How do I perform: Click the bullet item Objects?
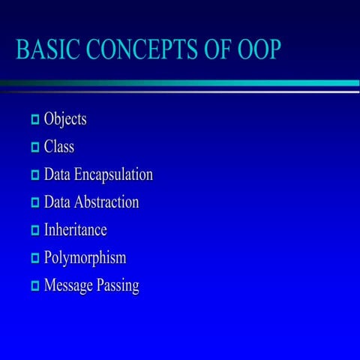[65, 119]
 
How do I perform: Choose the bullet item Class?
[59, 147]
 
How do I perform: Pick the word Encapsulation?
[112, 175]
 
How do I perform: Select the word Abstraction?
[106, 202]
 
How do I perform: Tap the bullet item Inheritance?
[75, 230]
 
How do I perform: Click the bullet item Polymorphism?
[85, 258]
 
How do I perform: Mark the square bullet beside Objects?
[34, 120]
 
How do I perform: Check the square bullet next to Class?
[34, 148]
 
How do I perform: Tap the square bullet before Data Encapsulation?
[34, 175]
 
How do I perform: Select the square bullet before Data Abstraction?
[34, 203]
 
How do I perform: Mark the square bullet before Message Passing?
[34, 286]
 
